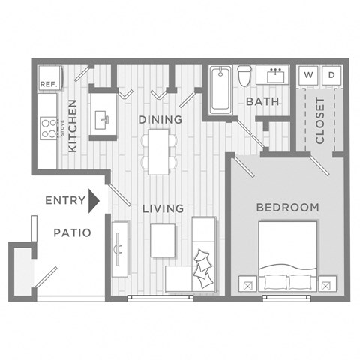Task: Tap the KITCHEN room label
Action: point(73,126)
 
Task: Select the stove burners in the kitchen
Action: point(49,129)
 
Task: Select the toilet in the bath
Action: point(244,76)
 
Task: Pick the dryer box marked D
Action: point(333,75)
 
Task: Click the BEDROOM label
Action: point(287,207)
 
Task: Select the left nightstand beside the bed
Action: point(246,284)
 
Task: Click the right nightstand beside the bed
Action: point(327,284)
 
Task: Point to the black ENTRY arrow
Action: point(94,200)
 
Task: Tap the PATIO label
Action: point(72,232)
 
